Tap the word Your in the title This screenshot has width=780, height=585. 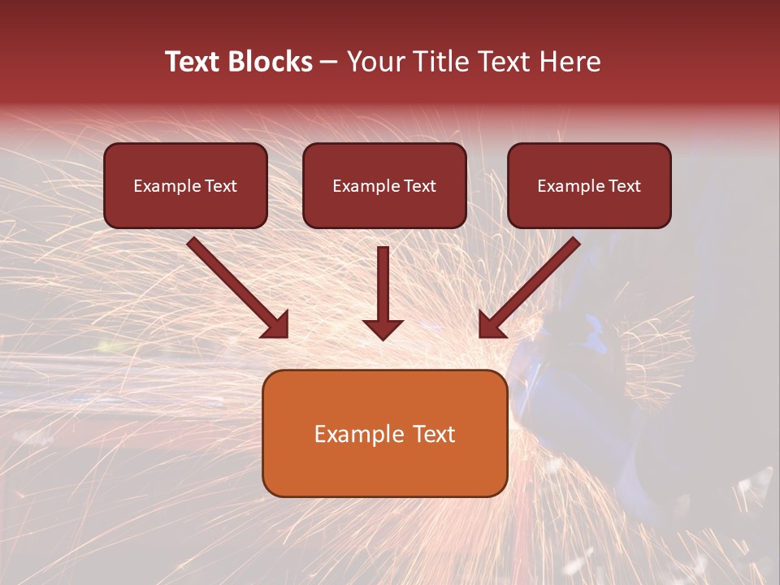tap(377, 62)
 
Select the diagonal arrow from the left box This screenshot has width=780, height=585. tap(236, 284)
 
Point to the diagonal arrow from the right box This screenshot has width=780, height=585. tap(532, 284)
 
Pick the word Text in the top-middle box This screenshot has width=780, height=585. tap(419, 186)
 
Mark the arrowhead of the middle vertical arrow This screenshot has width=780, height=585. tap(383, 329)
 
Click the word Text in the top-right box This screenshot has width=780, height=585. tap(624, 186)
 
